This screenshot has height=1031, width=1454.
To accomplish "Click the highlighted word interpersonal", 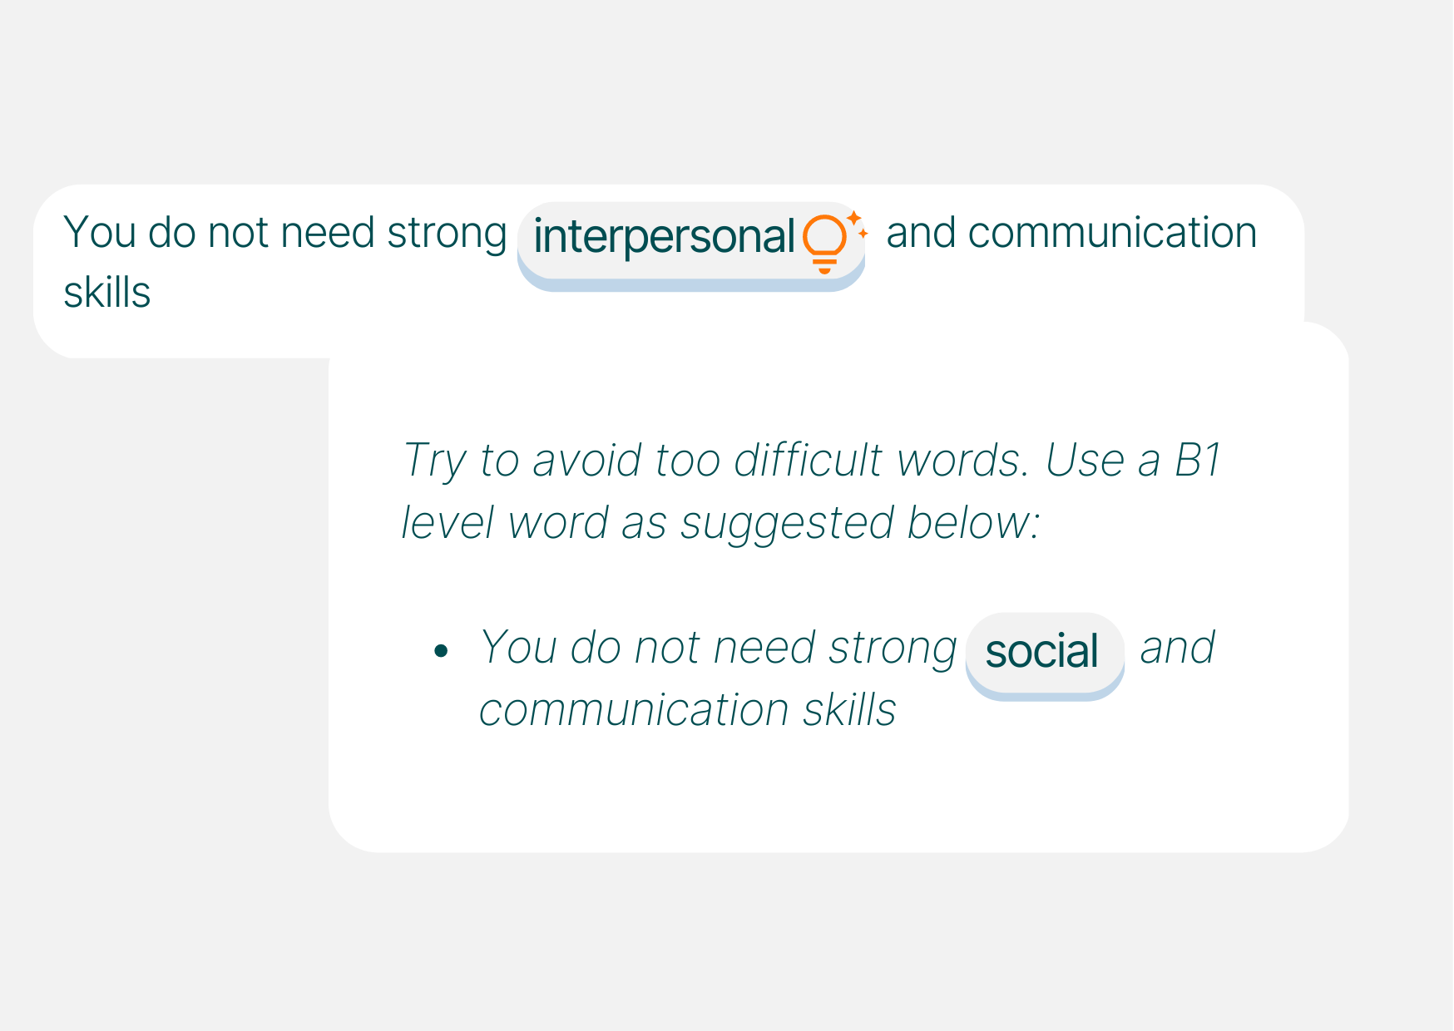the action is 664,237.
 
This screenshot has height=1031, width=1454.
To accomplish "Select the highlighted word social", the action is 1041,651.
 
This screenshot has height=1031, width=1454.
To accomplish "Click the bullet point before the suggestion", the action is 441,651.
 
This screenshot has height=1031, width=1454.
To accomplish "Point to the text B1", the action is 1197,460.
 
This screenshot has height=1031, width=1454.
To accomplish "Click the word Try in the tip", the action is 434,461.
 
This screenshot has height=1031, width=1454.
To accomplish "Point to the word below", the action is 973,523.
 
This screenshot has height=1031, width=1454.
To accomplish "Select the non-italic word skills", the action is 107,292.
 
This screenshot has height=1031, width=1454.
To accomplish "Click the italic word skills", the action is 849,710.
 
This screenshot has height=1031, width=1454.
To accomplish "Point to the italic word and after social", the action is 1177,648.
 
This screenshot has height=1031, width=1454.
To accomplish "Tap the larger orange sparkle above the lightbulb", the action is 853,218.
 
